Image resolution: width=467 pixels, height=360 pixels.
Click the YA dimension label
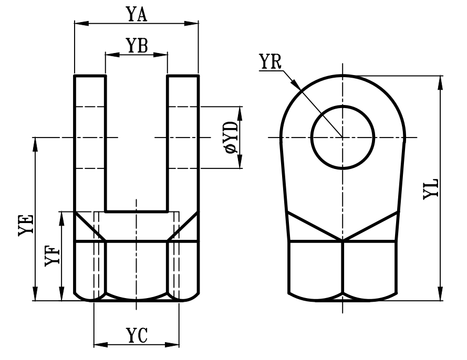coord(136,14)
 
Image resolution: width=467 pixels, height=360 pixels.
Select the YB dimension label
coord(136,46)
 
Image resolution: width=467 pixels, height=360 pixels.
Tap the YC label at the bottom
coord(136,335)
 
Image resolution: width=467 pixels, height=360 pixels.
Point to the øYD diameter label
coord(231,137)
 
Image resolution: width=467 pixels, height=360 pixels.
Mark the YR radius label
coord(271,61)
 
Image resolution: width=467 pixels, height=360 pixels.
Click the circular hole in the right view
coord(343,137)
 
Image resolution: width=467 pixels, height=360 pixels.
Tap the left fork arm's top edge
coord(90,76)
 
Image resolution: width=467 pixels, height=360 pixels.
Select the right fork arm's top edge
coord(183,76)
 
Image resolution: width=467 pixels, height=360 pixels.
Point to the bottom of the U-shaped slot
coord(136,211)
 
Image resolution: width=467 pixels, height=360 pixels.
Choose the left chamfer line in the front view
coord(89,226)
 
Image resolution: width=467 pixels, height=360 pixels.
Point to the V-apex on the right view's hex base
coord(343,241)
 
